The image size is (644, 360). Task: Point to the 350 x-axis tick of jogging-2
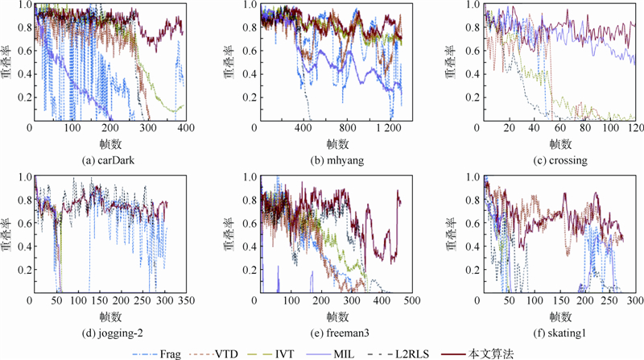(x=184, y=300)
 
